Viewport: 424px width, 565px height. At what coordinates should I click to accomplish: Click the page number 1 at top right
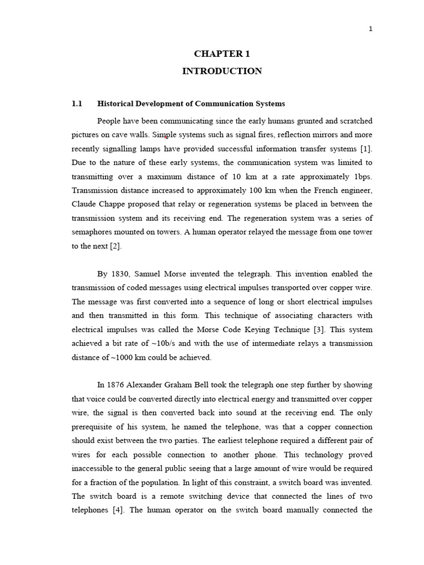click(x=370, y=29)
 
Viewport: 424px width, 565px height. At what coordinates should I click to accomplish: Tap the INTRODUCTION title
click(x=222, y=71)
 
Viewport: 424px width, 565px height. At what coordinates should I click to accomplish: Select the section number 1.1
click(x=77, y=104)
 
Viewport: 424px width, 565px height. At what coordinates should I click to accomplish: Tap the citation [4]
click(x=117, y=510)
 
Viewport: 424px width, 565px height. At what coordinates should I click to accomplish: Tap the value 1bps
click(x=362, y=177)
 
